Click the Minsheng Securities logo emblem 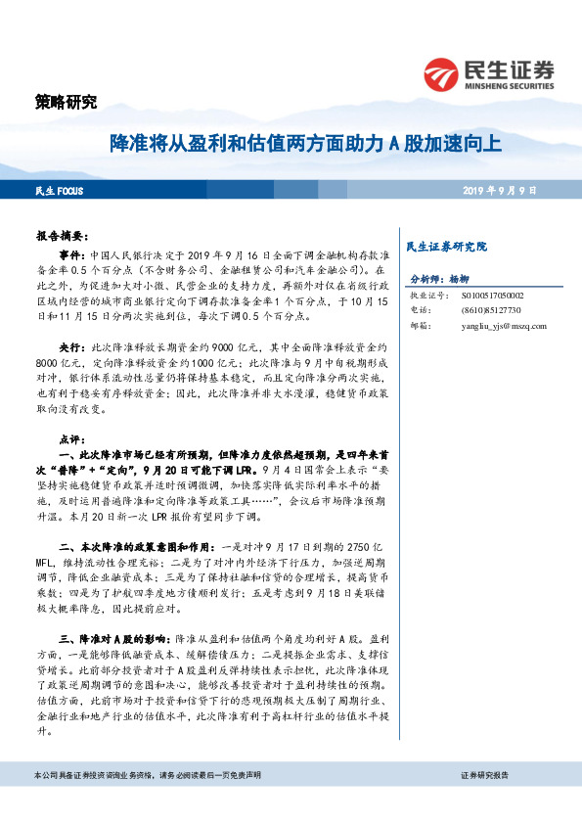(x=442, y=73)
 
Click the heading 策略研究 (x=60, y=103)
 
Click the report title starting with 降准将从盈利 (x=304, y=145)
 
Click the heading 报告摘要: (x=66, y=236)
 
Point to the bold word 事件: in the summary (x=72, y=252)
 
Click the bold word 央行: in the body (x=72, y=347)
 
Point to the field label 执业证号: (x=426, y=295)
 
